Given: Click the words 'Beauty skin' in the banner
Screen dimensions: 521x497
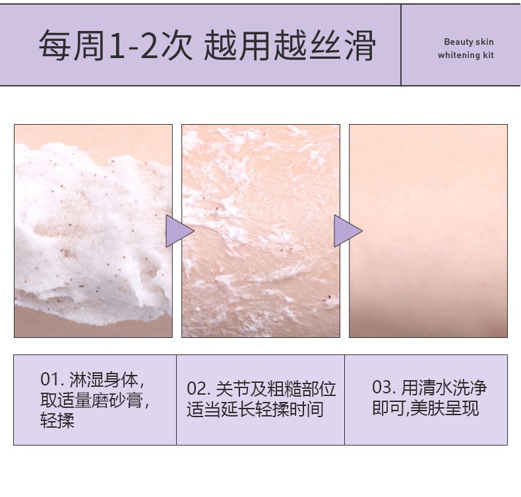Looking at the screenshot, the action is (x=468, y=42).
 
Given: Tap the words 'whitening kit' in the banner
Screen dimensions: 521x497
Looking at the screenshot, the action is (x=466, y=55).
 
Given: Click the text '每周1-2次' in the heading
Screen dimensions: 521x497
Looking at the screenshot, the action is (x=115, y=46).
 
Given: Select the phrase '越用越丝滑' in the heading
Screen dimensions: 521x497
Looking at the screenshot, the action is (x=290, y=46).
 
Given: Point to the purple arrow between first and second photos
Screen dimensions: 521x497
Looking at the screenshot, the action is (x=178, y=231).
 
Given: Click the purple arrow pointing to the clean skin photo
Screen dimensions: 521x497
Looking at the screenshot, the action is (x=346, y=231).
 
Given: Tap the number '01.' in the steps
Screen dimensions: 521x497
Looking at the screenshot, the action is (x=52, y=380).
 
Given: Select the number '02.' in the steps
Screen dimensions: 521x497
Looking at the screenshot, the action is (x=199, y=389).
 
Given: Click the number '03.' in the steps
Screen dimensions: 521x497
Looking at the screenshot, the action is (x=384, y=387).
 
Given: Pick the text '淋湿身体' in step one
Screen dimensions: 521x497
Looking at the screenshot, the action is (x=104, y=380).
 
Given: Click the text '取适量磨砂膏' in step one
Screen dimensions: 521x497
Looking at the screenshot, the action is (x=92, y=400).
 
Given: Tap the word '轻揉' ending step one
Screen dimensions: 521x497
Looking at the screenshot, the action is (x=57, y=420).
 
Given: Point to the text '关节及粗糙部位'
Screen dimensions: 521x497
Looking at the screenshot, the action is (x=276, y=389).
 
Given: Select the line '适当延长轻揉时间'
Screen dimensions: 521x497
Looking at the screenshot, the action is (x=255, y=409).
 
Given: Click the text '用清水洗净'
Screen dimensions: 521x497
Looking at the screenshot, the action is (x=444, y=387).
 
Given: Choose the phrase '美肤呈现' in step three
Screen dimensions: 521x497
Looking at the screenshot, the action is (x=444, y=408).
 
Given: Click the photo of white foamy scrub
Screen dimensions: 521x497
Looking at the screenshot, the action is (x=93, y=231).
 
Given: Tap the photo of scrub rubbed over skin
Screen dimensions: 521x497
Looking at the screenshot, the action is (x=261, y=231).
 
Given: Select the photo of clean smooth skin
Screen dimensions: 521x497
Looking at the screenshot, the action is (x=428, y=231).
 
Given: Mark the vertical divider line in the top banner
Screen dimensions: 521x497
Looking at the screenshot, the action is (x=401, y=45).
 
